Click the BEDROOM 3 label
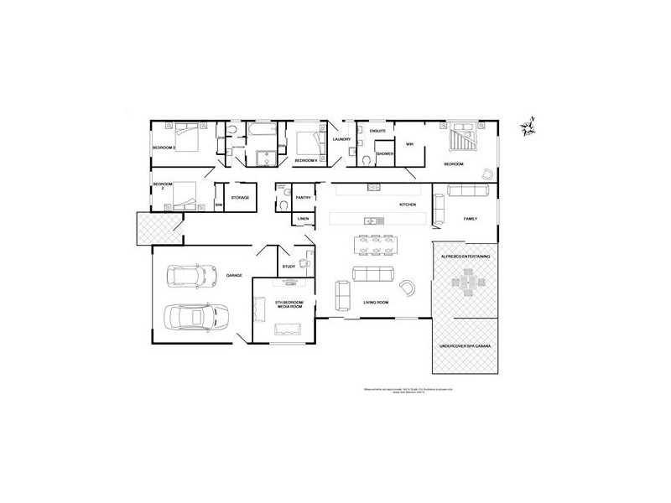point(163,148)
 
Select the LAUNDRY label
point(341,139)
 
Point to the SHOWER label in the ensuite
point(385,154)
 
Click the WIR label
point(410,144)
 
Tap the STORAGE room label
point(241,198)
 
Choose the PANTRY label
point(304,198)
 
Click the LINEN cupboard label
point(304,220)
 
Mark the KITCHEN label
point(408,205)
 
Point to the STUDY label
point(289,267)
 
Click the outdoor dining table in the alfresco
point(466,285)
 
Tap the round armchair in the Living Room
point(408,288)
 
